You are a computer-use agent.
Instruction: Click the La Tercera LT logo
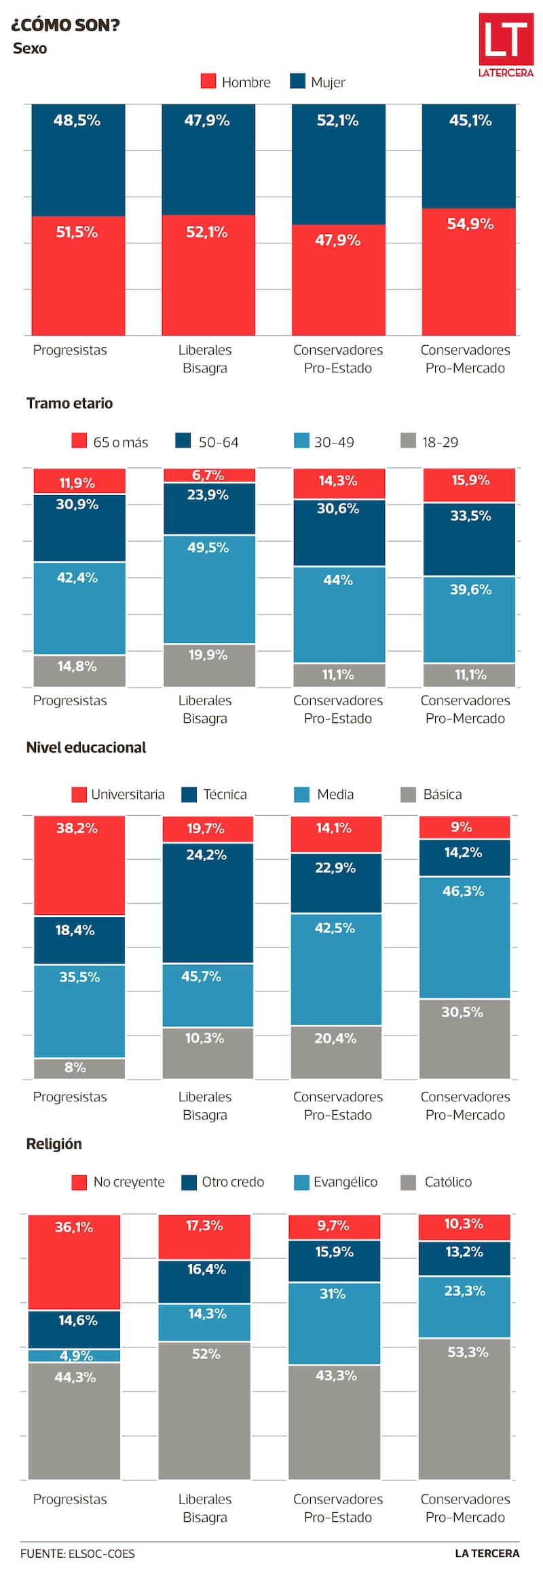(x=506, y=45)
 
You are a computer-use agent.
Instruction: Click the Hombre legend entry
(x=236, y=82)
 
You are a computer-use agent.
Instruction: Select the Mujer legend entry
(x=318, y=82)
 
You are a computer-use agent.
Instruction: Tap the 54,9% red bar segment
(x=469, y=271)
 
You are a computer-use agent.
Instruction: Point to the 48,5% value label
(x=77, y=121)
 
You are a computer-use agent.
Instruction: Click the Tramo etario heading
(x=69, y=404)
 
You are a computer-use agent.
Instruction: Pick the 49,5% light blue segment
(x=209, y=589)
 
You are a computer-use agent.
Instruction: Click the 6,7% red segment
(x=209, y=475)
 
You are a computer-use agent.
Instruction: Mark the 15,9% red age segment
(x=469, y=485)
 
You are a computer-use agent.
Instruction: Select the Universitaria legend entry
(x=118, y=794)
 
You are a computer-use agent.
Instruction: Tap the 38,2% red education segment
(x=79, y=865)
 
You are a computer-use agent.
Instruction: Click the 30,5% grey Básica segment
(x=464, y=1038)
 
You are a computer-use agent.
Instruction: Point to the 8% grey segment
(x=79, y=1068)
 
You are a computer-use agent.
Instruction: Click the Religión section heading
(x=54, y=1143)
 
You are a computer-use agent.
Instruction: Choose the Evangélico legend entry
(x=336, y=1182)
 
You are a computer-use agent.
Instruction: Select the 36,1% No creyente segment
(x=74, y=1262)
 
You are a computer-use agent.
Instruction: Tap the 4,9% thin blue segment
(x=74, y=1356)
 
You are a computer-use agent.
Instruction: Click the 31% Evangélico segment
(x=334, y=1323)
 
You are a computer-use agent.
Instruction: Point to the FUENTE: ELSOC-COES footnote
(x=77, y=1553)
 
